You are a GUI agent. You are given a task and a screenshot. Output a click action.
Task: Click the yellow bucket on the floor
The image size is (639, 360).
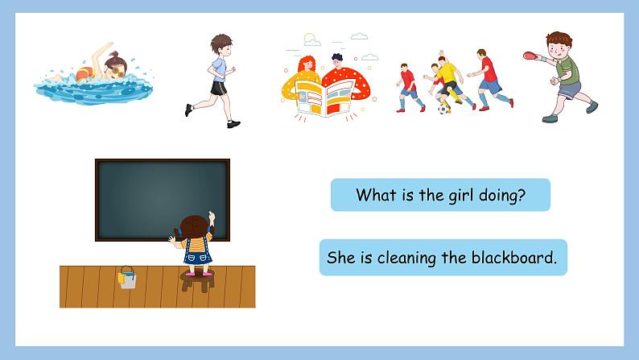127,278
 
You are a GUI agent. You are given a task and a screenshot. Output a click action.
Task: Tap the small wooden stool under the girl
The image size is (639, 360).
197,282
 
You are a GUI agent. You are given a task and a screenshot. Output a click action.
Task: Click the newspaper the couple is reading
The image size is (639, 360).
324,96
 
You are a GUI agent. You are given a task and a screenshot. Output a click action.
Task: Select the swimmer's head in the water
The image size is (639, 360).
113,64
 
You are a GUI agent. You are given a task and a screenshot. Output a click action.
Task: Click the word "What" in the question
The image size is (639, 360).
374,195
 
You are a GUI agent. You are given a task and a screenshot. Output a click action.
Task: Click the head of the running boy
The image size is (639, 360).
221,44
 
